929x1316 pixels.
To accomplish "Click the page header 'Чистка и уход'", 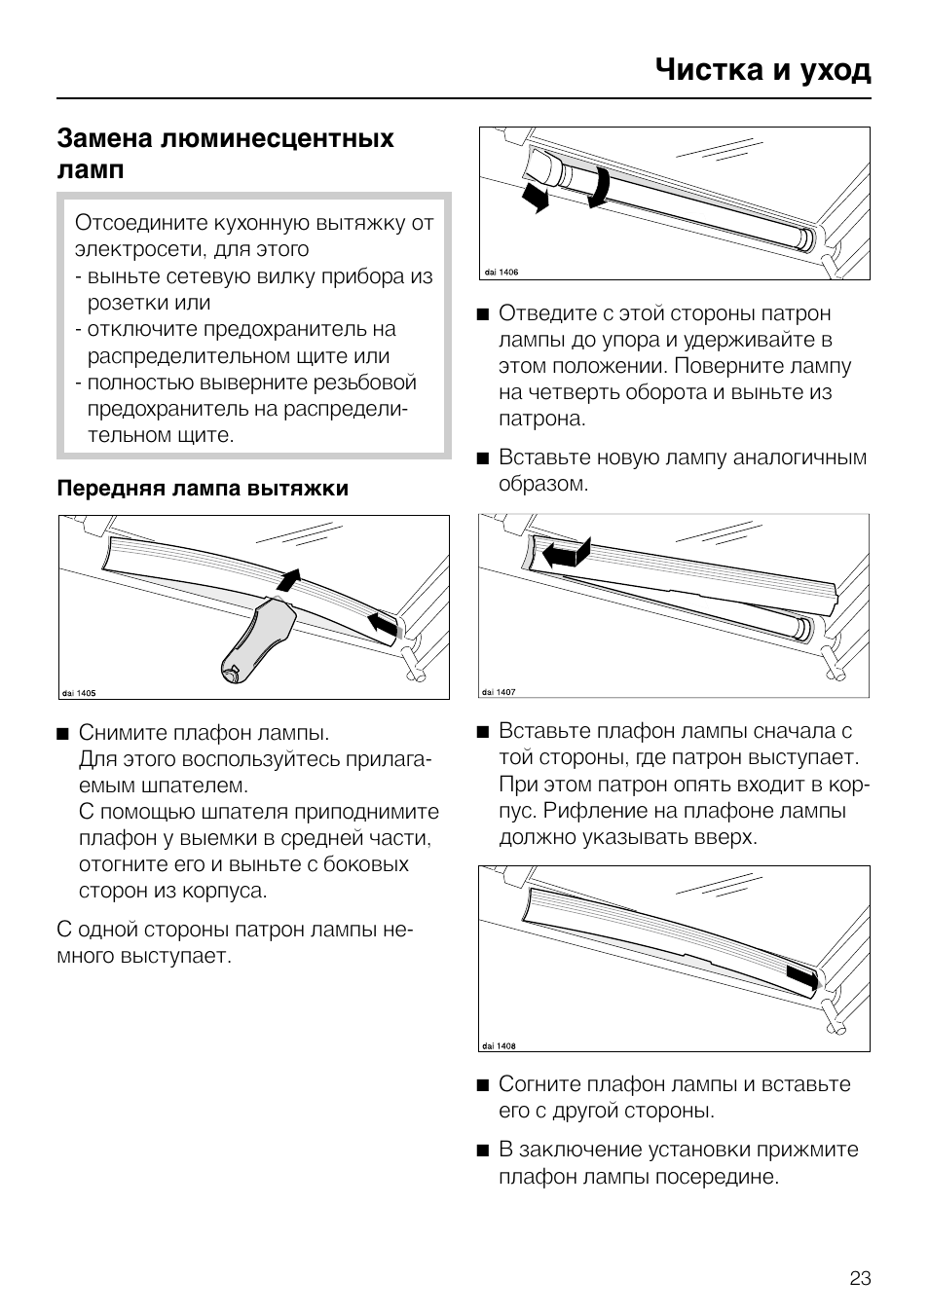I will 762,70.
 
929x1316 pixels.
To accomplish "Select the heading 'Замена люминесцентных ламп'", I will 225,153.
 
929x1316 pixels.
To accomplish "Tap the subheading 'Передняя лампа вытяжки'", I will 203,489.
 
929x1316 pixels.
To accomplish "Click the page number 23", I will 860,1278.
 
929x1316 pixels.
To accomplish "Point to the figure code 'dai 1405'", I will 79,693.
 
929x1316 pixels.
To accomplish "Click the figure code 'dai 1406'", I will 501,273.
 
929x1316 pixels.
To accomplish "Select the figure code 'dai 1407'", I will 499,691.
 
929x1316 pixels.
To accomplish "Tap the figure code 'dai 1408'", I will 499,1045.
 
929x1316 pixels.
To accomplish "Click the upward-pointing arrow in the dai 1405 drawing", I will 288,579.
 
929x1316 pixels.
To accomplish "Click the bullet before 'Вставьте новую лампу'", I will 482,458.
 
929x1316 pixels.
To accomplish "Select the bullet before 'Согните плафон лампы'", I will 482,1085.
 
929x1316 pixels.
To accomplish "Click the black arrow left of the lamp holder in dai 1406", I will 534,198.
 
